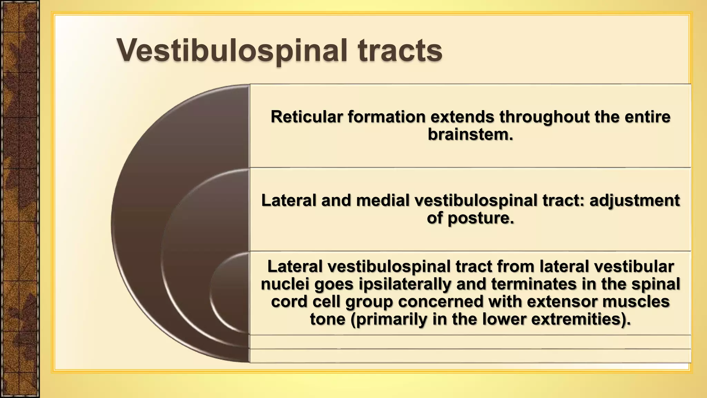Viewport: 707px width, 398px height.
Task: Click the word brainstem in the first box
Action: click(x=468, y=134)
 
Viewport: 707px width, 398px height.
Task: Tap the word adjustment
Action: click(x=635, y=200)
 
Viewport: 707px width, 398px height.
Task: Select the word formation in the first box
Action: click(x=387, y=117)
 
